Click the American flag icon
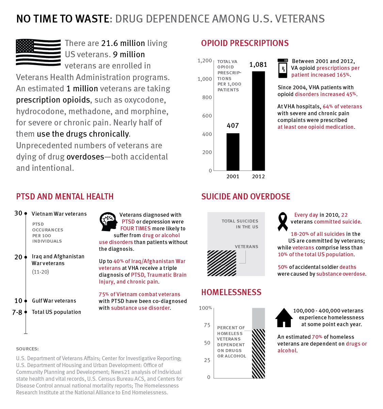coord(38,52)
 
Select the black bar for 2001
coord(233,152)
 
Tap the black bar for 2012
coord(258,121)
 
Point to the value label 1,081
coord(258,65)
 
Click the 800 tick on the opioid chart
coord(207,97)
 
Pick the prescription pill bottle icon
coord(283,68)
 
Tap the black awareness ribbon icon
coord(283,222)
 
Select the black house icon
coord(284,317)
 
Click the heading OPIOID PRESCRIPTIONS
coord(245,43)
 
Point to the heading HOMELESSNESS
coord(231,292)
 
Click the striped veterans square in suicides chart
coord(222,263)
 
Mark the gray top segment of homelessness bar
coord(258,318)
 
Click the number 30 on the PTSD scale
coord(18,213)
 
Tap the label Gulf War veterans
coord(54,301)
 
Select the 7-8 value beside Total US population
coord(17,313)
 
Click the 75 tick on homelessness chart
coord(207,325)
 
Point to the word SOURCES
coord(27,349)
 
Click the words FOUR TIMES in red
coord(135,228)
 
